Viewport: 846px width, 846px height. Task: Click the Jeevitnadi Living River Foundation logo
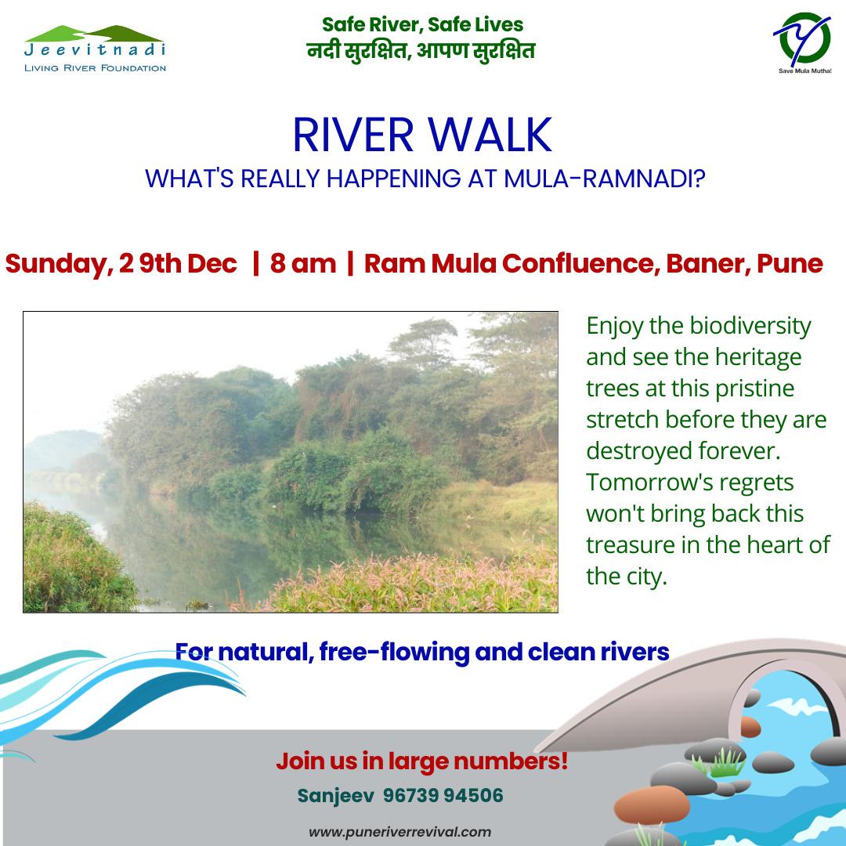point(95,49)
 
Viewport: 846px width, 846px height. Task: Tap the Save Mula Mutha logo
point(804,42)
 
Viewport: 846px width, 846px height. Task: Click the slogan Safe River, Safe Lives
point(422,25)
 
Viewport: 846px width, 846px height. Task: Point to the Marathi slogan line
point(421,51)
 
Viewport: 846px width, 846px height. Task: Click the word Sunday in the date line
point(59,265)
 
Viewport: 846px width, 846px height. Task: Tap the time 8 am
point(302,264)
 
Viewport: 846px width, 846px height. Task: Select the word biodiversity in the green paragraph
point(750,327)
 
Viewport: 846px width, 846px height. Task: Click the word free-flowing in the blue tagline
point(394,653)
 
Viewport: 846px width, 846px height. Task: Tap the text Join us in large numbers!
point(422,761)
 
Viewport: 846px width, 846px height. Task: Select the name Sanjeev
point(335,796)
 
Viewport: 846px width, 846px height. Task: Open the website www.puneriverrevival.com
point(399,832)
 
